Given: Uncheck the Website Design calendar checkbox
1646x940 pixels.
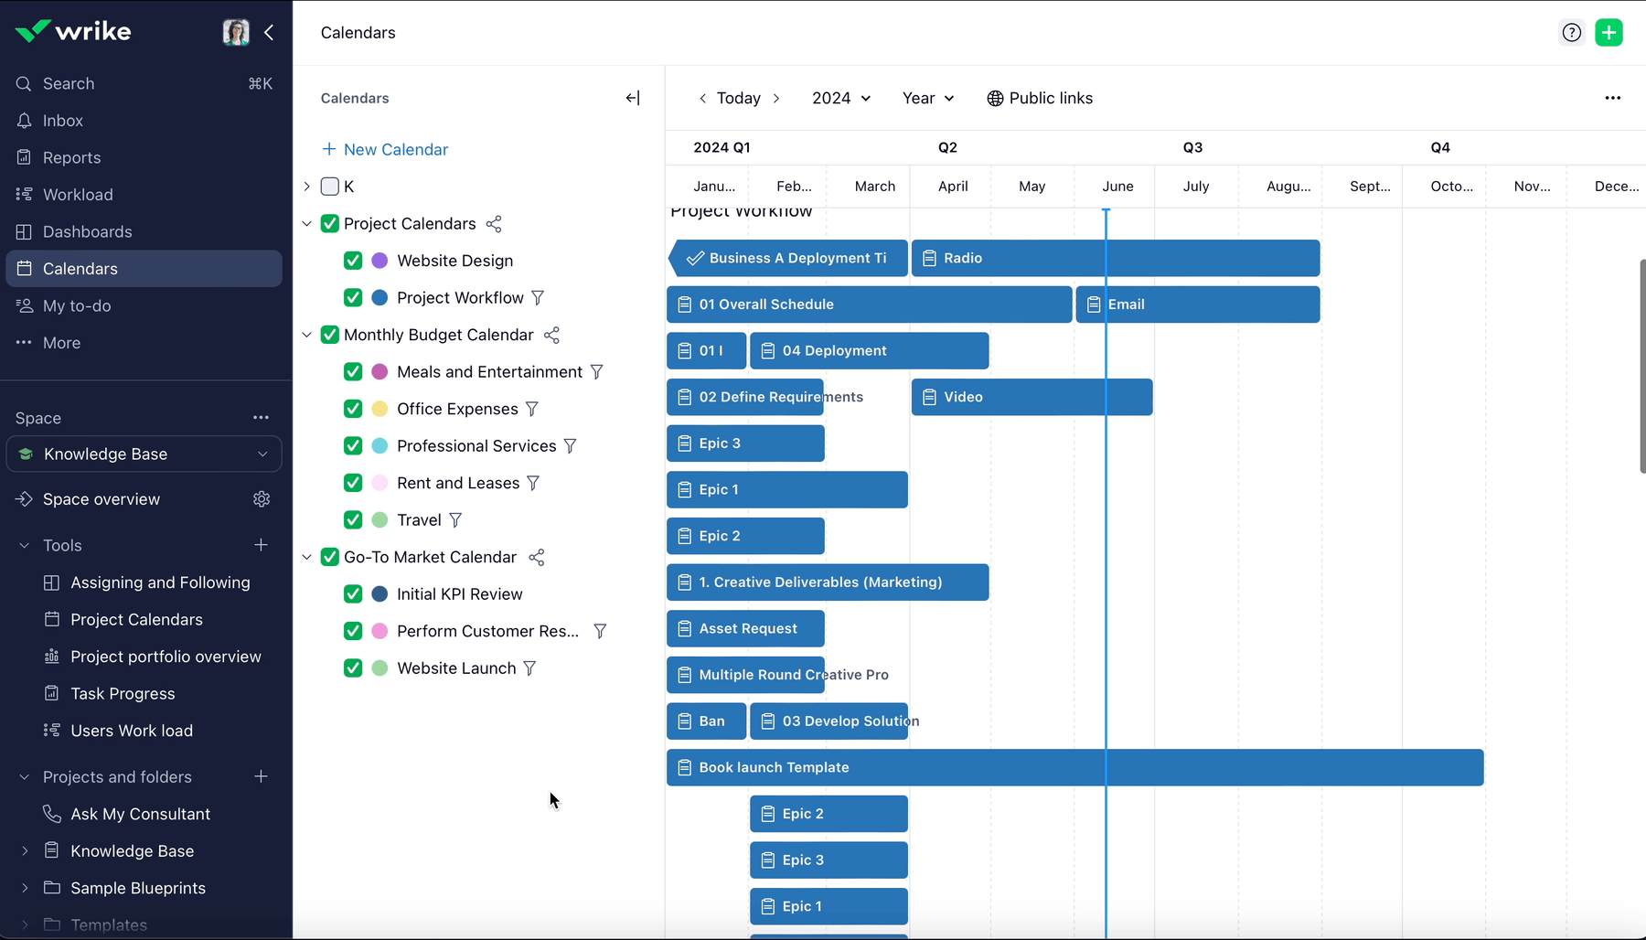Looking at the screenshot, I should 353,261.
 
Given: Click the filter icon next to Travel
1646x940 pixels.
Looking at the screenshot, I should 455,520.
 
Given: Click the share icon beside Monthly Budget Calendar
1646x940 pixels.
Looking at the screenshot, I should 551,336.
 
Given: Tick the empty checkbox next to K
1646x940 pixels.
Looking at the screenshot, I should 330,187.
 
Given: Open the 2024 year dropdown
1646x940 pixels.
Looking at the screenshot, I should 841,98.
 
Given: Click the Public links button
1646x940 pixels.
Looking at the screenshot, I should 1040,98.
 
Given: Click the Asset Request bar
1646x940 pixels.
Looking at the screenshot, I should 745,629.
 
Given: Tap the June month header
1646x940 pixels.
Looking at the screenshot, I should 1117,187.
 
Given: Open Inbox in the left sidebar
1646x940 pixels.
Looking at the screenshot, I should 62,121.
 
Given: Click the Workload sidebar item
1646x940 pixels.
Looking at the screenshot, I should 78,195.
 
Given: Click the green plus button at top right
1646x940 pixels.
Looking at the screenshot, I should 1609,33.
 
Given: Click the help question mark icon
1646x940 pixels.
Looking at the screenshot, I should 1571,33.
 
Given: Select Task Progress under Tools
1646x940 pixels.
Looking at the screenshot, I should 123,694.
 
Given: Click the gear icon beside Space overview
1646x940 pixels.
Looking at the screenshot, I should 262,499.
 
